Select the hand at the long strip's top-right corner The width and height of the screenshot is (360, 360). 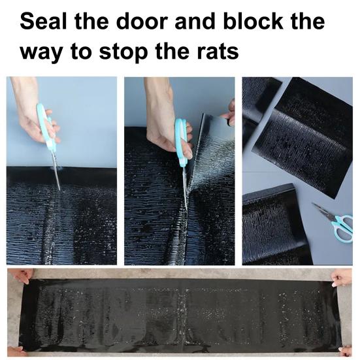point(342,277)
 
